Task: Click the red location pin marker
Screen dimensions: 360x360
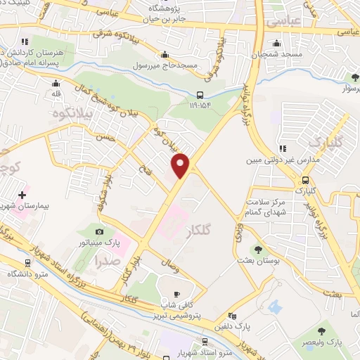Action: pos(181,165)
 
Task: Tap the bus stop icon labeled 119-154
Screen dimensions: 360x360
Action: pos(200,95)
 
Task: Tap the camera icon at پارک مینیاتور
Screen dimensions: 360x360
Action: pos(100,231)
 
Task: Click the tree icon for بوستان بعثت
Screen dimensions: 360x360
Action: pos(258,250)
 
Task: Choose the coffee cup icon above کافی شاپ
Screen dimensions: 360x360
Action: pos(177,294)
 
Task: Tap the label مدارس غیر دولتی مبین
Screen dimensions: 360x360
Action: pos(274,160)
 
